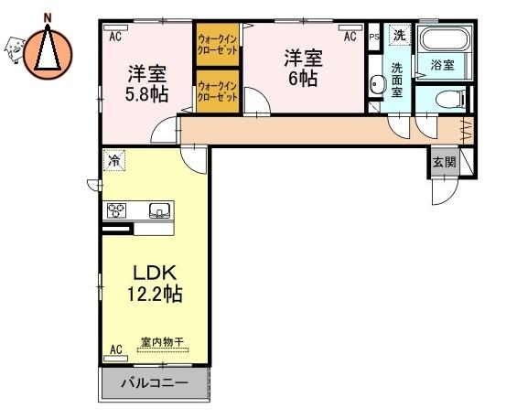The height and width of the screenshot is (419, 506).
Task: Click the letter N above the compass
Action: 48,17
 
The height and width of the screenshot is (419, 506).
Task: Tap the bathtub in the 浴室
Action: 444,39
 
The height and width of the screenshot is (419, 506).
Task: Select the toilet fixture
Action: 450,98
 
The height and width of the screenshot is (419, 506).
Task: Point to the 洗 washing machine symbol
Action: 400,35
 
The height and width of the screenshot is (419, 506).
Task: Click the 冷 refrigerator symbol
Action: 114,160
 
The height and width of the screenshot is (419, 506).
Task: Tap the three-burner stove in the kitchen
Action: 116,210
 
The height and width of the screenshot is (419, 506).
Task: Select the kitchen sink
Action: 159,210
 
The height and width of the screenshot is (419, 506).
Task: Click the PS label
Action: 374,37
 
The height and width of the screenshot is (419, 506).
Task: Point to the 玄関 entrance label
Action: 444,162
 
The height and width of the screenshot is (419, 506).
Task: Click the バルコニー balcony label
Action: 155,383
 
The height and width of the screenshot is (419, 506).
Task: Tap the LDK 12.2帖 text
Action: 156,284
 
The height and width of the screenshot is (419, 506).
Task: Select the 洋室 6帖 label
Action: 303,68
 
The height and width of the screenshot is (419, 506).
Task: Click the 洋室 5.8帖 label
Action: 146,83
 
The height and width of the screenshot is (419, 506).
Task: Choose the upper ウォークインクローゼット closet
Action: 218,45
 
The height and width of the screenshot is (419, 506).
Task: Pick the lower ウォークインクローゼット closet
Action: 218,91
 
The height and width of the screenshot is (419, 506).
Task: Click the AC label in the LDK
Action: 116,349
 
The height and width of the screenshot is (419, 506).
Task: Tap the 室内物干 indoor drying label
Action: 162,341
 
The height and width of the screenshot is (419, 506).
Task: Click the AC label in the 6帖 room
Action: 350,36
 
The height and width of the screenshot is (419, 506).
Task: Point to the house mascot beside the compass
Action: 15,49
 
